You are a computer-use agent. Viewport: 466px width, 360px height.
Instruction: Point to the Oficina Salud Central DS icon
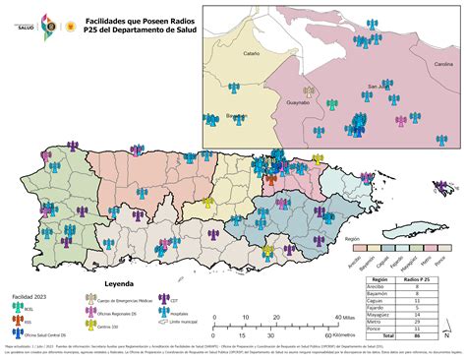[x=16, y=335]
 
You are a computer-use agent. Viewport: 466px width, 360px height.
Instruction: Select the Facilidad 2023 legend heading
[x=30, y=295]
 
